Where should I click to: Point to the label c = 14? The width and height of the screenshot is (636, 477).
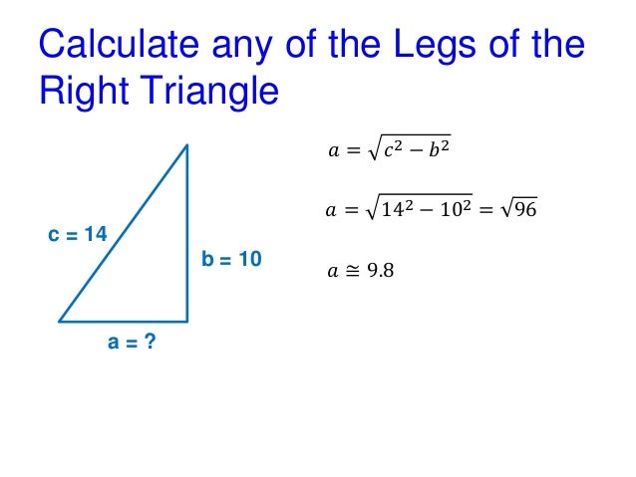(77, 235)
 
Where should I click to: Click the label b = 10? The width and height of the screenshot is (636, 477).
(231, 259)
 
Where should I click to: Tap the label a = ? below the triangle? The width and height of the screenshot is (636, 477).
(132, 344)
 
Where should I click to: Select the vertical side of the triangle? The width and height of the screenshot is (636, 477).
(187, 234)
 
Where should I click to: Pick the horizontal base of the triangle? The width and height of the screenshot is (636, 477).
(124, 322)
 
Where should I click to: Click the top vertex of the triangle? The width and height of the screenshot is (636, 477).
(187, 145)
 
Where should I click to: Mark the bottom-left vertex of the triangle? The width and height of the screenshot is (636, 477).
(60, 322)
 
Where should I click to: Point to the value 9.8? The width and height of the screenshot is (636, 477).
(380, 269)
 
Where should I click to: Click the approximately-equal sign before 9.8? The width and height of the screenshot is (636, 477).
(352, 269)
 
